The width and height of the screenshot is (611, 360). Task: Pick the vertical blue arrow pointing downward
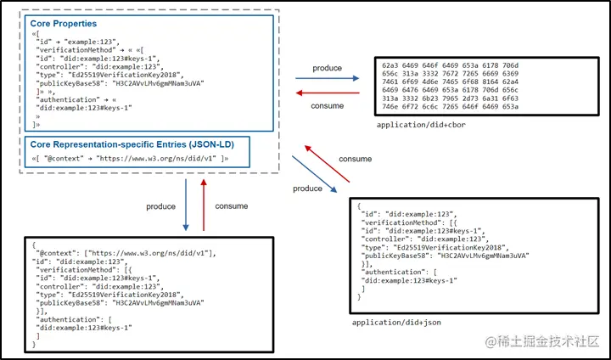(x=187, y=205)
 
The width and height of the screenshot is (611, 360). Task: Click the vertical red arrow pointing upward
(x=204, y=205)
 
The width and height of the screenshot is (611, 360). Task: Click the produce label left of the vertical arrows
(x=160, y=206)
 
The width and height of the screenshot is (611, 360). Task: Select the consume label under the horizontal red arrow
(x=328, y=106)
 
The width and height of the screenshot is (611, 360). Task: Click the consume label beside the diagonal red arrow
(x=355, y=159)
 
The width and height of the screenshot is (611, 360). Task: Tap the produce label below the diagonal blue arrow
(x=307, y=188)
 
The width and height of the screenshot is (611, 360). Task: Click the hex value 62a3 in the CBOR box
(x=392, y=65)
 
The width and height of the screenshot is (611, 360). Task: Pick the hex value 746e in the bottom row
(x=392, y=108)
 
